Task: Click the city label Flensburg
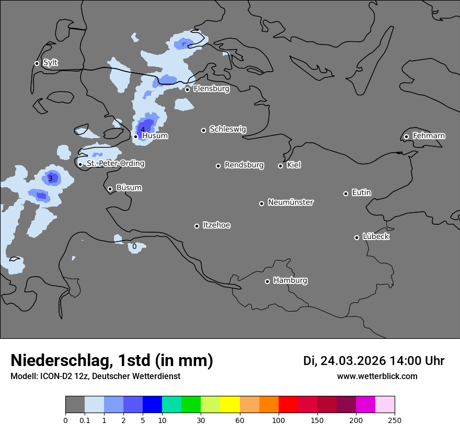(x=211, y=89)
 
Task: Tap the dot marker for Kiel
(x=280, y=166)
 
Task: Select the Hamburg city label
(x=290, y=281)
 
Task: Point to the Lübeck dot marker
(x=356, y=237)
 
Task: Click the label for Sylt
(x=50, y=63)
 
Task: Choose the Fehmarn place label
(x=429, y=136)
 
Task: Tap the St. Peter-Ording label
(x=115, y=164)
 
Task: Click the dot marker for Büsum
(x=110, y=189)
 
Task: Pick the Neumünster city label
(x=291, y=202)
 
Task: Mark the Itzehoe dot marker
(x=197, y=226)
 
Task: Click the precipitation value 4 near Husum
(x=143, y=130)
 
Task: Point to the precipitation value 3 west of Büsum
(x=50, y=178)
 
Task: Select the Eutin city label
(x=361, y=193)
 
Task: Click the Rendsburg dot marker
(x=218, y=166)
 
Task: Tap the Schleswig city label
(x=227, y=129)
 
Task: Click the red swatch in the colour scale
(x=288, y=405)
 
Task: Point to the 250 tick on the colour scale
(x=395, y=420)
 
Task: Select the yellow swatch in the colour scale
(x=230, y=405)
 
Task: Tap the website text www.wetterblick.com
(x=377, y=376)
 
